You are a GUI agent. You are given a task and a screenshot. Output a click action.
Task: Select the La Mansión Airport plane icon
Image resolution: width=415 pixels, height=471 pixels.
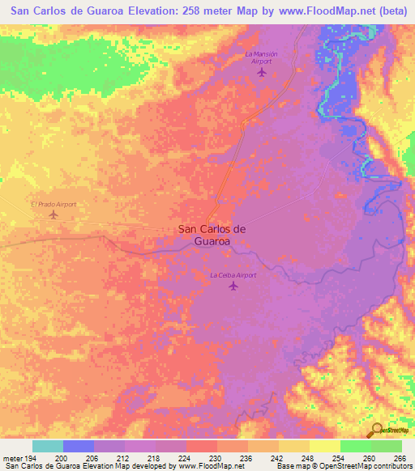(x=261, y=72)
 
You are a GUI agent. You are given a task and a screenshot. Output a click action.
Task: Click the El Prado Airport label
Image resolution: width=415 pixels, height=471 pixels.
(x=53, y=204)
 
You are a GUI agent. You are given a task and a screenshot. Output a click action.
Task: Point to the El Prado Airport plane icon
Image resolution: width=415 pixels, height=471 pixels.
(x=53, y=214)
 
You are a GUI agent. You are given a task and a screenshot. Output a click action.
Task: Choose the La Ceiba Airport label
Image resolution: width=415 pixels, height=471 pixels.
(x=233, y=275)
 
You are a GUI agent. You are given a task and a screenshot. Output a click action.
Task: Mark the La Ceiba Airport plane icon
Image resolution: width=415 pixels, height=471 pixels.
(x=233, y=286)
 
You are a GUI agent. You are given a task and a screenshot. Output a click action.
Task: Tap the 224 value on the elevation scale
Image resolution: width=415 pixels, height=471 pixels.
(x=186, y=458)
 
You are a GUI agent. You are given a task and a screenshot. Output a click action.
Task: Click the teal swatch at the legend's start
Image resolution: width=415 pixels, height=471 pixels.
(x=47, y=446)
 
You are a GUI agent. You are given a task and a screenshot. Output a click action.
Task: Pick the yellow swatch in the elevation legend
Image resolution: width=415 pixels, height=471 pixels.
(x=324, y=446)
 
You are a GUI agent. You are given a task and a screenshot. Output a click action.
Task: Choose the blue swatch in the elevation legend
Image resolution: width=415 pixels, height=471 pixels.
(x=78, y=446)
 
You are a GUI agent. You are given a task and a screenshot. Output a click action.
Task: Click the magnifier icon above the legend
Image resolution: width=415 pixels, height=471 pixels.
(x=376, y=430)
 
